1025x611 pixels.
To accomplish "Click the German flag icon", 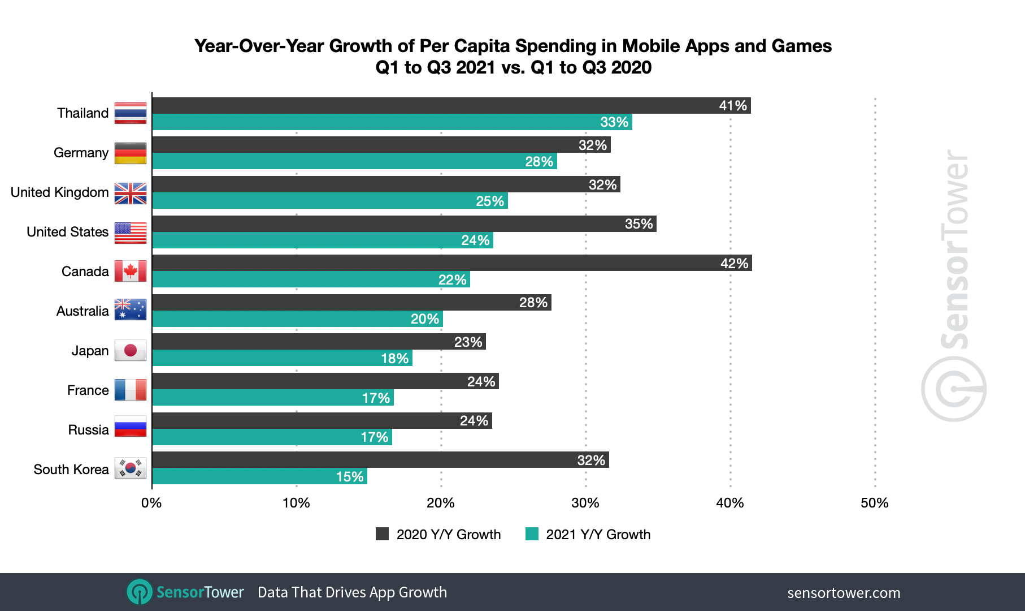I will tap(131, 153).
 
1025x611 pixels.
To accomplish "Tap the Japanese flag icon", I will tap(131, 350).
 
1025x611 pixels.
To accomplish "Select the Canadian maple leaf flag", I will tap(131, 271).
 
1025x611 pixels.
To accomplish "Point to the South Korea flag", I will tap(131, 468).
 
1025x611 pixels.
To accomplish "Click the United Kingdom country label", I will tap(59, 192).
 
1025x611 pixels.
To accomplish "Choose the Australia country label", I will tap(82, 311).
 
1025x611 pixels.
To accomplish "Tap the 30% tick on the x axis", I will tap(585, 503).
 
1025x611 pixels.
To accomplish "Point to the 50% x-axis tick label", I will tap(874, 503).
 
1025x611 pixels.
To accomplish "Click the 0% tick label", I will tap(151, 503).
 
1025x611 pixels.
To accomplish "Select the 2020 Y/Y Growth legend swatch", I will tap(383, 534).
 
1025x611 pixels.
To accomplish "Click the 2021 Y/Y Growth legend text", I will tap(598, 535).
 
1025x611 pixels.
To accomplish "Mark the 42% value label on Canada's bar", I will tap(734, 264).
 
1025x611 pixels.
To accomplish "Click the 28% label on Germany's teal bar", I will tap(539, 162).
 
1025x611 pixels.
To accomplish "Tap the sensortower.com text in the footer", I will tap(844, 593).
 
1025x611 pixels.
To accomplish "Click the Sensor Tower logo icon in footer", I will tap(140, 592).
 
